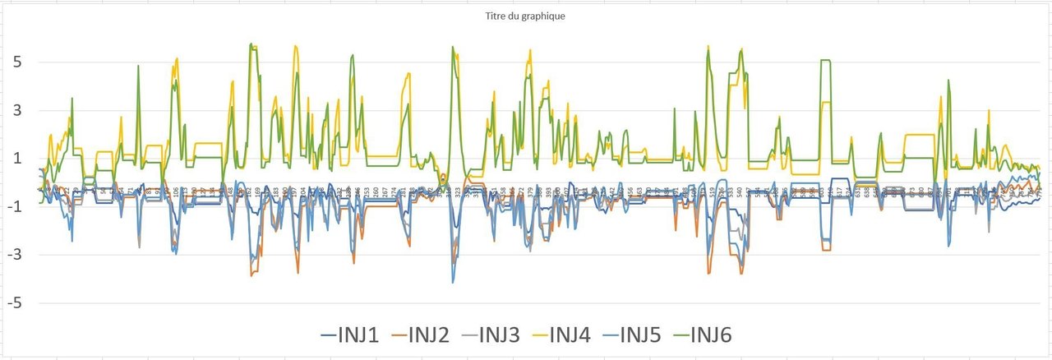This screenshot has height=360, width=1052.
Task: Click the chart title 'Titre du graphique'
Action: click(x=525, y=16)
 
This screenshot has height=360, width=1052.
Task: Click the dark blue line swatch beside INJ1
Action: click(x=330, y=335)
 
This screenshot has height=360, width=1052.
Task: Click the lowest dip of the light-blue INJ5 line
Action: click(x=452, y=282)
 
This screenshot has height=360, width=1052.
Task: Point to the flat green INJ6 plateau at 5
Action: click(x=825, y=61)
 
